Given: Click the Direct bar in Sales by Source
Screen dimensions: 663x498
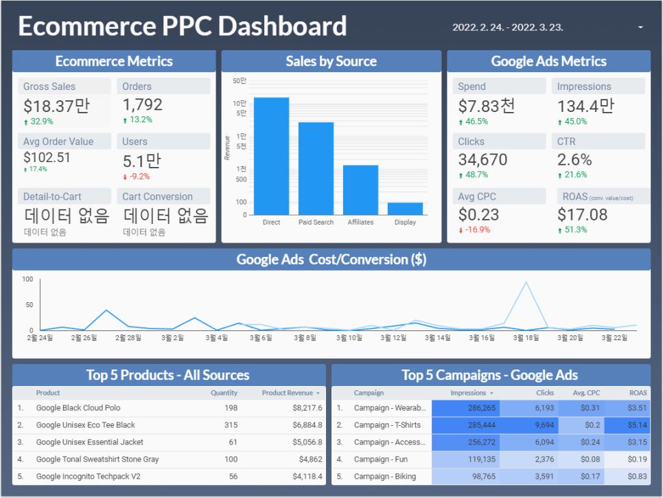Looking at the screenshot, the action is [272, 156].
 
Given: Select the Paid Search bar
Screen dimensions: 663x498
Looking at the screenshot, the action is [316, 168].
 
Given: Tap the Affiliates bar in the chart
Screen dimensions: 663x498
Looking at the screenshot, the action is [361, 190].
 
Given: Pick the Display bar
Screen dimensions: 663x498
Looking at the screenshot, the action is [405, 209].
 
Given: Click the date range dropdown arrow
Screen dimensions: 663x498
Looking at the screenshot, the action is [640, 27].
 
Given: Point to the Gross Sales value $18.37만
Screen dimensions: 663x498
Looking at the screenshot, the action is [56, 106].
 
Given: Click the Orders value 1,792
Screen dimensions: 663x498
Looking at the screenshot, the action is [143, 104].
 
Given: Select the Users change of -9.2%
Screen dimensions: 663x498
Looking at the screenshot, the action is [137, 177].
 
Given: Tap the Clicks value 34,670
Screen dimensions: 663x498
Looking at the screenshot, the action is [483, 159].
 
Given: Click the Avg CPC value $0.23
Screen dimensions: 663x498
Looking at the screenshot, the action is [478, 214].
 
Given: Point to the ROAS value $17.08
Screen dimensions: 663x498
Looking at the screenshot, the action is [582, 214].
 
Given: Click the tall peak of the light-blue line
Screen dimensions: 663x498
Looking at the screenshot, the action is [526, 282].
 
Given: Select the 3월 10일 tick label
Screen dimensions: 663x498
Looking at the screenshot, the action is [349, 338].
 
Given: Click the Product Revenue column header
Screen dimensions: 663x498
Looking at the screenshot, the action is [288, 393].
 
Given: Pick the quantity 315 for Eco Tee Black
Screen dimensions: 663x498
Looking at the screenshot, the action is [231, 425].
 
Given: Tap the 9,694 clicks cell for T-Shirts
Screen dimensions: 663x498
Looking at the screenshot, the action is [544, 425].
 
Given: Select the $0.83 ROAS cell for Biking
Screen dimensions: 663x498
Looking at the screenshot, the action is [637, 477].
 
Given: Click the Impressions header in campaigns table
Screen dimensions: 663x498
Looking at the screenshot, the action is [468, 393].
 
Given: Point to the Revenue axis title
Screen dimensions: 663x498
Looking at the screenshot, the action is [227, 148].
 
